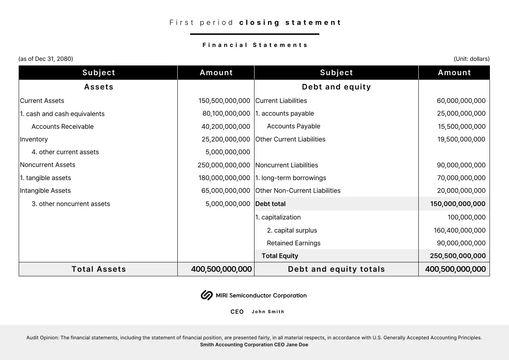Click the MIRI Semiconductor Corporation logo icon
pyautogui.click(x=206, y=295)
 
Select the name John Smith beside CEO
pyautogui.click(x=268, y=312)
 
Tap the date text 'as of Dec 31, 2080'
pyautogui.click(x=46, y=59)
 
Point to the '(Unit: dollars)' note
pyautogui.click(x=472, y=59)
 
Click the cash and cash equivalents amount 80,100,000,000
pyautogui.click(x=226, y=114)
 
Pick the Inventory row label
pyautogui.click(x=34, y=139)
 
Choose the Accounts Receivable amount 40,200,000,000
pyautogui.click(x=225, y=126)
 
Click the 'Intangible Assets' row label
pyautogui.click(x=45, y=191)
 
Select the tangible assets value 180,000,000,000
pyautogui.click(x=224, y=178)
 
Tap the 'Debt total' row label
pyautogui.click(x=270, y=204)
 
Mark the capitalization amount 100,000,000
pyautogui.click(x=466, y=217)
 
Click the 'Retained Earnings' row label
pyautogui.click(x=293, y=243)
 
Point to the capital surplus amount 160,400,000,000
pyautogui.click(x=459, y=230)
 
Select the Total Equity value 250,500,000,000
pyautogui.click(x=458, y=256)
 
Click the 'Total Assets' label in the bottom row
pyautogui.click(x=99, y=269)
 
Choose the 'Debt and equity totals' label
pyautogui.click(x=336, y=269)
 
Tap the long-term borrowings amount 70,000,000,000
pyautogui.click(x=461, y=178)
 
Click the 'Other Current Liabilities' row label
pyautogui.click(x=290, y=139)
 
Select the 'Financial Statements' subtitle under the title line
pyautogui.click(x=255, y=45)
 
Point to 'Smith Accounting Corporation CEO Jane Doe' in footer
pyautogui.click(x=254, y=345)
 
